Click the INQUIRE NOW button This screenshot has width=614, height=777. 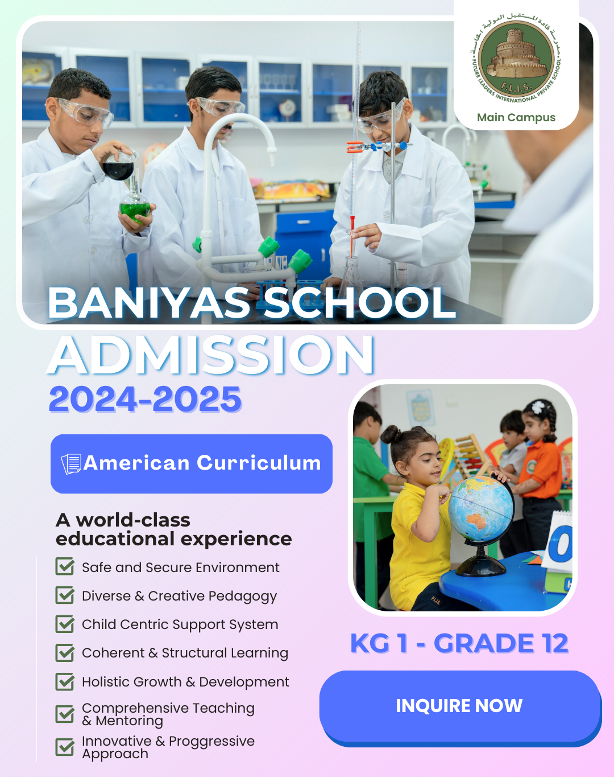coord(459,706)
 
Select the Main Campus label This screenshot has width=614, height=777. coord(516,118)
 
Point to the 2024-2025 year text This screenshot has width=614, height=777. coord(146,399)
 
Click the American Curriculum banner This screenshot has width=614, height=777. coord(192,463)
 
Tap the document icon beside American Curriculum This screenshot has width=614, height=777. coord(71,464)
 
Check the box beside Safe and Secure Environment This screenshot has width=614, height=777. coord(65,567)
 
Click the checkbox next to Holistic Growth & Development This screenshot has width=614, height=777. coord(65,681)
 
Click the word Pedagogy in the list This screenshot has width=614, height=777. coord(241,596)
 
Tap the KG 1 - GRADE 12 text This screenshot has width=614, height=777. coord(459,643)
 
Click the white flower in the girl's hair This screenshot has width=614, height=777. coord(538,407)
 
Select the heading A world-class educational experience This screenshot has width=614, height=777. coord(173,529)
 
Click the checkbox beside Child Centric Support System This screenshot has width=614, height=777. coord(65,624)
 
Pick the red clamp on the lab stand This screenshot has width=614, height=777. coord(355,147)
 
